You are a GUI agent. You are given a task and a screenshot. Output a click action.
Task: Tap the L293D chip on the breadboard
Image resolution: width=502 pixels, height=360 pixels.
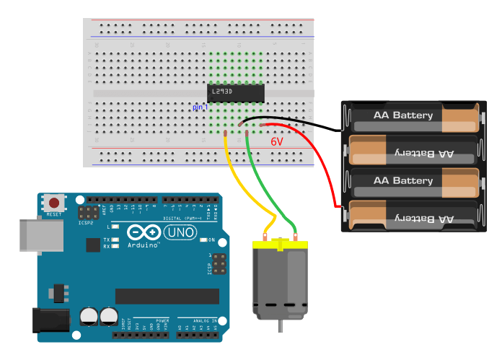pos(235,93)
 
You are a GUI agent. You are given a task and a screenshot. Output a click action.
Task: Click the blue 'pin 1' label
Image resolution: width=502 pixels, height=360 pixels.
pos(200,107)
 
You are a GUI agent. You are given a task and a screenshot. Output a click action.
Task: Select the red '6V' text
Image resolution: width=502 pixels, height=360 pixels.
pos(277,142)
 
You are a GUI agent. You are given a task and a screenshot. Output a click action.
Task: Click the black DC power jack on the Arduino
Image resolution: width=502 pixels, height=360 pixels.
pos(50,320)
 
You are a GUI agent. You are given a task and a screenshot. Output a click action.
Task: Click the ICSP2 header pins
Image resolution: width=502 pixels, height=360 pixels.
pos(89,214)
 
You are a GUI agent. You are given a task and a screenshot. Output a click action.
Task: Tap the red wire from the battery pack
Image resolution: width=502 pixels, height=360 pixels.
pos(328,173)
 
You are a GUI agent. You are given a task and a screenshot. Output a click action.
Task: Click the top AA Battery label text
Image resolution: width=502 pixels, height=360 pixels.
pos(402,115)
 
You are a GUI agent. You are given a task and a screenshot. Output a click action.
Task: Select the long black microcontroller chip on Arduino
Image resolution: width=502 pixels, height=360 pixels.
pos(167,297)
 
